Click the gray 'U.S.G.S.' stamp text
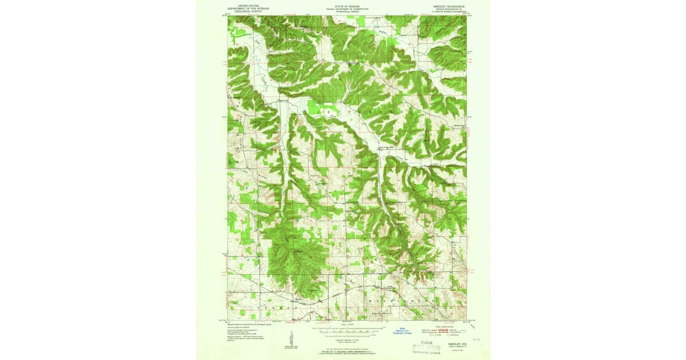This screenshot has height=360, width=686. [425, 343]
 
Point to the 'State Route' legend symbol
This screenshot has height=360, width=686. [457, 336]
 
